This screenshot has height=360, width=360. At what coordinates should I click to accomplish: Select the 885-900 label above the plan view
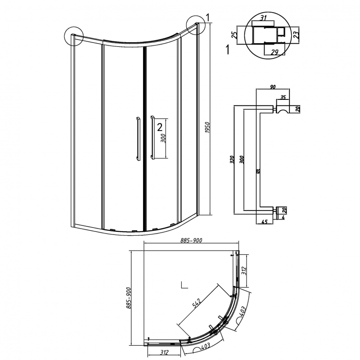(x=191, y=240)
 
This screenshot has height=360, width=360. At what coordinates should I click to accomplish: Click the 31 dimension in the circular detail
(x=264, y=18)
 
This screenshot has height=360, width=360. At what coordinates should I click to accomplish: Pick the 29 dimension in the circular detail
(x=274, y=52)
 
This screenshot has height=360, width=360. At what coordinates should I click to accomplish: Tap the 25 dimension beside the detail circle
(x=234, y=35)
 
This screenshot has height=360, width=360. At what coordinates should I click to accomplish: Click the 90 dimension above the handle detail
(x=273, y=87)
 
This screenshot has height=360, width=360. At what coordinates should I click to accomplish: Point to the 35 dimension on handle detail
(x=283, y=97)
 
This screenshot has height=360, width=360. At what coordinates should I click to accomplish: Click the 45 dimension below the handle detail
(x=265, y=222)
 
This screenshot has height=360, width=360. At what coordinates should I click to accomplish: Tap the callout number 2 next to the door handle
(x=160, y=127)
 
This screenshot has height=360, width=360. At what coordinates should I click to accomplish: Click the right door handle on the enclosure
(x=152, y=137)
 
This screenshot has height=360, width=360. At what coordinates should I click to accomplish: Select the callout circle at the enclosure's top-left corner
(x=74, y=36)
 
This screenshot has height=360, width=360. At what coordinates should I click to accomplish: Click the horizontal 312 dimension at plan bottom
(x=164, y=352)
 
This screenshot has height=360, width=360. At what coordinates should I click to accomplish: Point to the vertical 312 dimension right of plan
(x=244, y=271)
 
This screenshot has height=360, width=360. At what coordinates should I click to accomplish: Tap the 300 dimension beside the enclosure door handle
(x=163, y=138)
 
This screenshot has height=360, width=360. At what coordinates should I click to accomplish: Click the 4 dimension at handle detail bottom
(x=283, y=217)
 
